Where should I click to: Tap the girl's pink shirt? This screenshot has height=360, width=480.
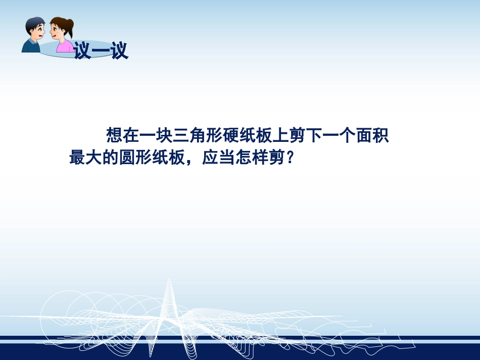click(x=64, y=46)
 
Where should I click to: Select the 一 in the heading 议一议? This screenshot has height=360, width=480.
click(x=101, y=51)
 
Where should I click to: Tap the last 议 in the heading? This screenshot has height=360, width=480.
click(x=120, y=51)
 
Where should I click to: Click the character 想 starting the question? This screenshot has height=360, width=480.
click(x=113, y=136)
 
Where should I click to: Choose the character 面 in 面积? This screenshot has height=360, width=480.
click(x=371, y=136)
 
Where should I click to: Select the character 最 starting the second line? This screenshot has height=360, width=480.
click(x=77, y=158)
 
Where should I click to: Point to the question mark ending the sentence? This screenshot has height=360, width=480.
click(x=290, y=158)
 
